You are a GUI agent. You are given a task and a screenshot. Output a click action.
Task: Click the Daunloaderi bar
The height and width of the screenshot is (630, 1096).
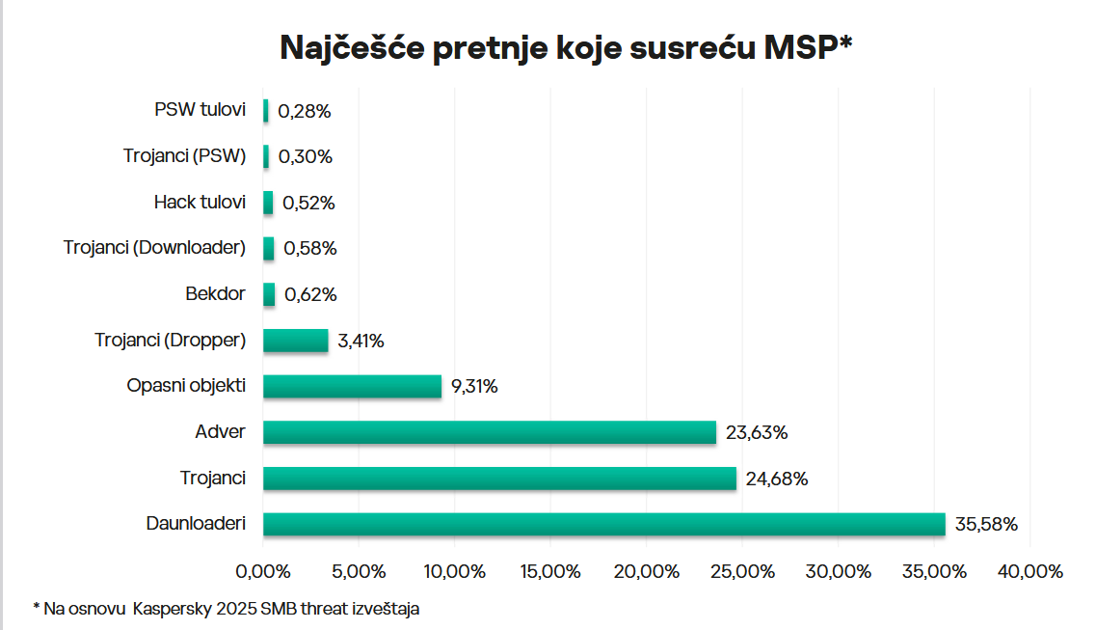(x=603, y=524)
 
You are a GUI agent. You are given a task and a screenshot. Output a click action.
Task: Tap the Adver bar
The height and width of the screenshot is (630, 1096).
(x=489, y=432)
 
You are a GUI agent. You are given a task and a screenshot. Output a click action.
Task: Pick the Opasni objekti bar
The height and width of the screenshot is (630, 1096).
(x=352, y=386)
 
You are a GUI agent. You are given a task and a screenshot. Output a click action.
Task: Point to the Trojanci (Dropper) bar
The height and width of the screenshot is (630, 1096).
(x=295, y=341)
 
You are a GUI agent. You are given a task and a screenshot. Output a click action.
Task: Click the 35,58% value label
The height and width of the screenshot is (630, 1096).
(x=986, y=525)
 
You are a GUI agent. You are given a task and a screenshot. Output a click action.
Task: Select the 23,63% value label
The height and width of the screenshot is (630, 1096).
(x=757, y=433)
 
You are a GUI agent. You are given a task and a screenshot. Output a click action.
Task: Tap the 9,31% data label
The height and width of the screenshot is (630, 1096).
(x=474, y=387)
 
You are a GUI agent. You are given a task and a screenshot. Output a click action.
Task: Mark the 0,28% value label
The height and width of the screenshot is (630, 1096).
(x=305, y=111)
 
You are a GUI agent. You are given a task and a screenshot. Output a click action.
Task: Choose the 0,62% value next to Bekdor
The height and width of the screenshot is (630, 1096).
(x=311, y=294)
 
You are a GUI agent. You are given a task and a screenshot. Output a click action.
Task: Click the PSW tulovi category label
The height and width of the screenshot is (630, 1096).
(x=200, y=110)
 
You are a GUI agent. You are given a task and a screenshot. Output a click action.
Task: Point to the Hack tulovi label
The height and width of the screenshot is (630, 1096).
(x=200, y=203)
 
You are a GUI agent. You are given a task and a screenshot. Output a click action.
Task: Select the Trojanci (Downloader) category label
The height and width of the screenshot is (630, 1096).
(x=155, y=248)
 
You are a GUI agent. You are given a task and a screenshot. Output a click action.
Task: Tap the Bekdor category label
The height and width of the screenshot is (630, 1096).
(x=215, y=294)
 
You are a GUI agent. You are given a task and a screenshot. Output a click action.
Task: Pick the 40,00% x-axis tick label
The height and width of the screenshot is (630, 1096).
(x=1030, y=571)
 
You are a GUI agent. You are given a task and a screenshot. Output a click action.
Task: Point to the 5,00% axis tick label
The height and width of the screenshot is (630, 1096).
(x=360, y=571)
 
